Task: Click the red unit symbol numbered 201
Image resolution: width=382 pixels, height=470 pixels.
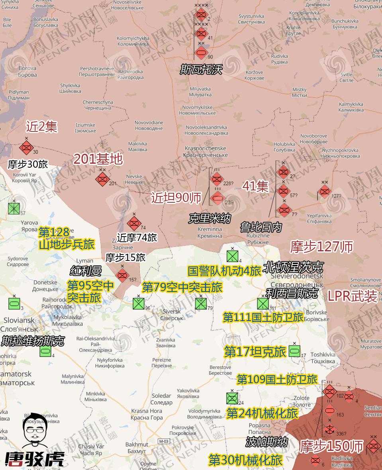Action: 102,179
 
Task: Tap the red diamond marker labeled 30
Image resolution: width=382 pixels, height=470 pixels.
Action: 26,148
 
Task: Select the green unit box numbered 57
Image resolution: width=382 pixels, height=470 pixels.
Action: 14,208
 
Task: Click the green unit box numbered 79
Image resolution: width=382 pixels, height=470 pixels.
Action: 201,304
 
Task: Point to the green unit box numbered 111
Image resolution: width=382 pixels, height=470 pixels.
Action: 263,304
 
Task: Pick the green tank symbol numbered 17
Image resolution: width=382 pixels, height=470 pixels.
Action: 294,351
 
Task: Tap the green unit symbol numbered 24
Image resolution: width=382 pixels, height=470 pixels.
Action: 232,398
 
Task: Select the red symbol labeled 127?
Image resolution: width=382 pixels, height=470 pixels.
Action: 325,192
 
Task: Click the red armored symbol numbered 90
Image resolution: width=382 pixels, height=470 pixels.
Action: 201,51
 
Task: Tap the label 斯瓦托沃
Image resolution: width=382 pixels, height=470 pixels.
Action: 200,70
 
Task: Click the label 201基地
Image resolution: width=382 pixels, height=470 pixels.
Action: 98,159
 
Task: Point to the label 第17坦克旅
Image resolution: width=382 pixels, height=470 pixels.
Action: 255,352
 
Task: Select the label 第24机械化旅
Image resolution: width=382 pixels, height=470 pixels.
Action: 262,413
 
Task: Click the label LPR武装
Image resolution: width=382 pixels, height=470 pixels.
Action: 352,296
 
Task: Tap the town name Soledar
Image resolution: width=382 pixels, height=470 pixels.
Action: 161,396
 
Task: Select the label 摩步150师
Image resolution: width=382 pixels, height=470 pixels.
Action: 332,446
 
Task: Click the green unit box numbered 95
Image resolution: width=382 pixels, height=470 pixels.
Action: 138,304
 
